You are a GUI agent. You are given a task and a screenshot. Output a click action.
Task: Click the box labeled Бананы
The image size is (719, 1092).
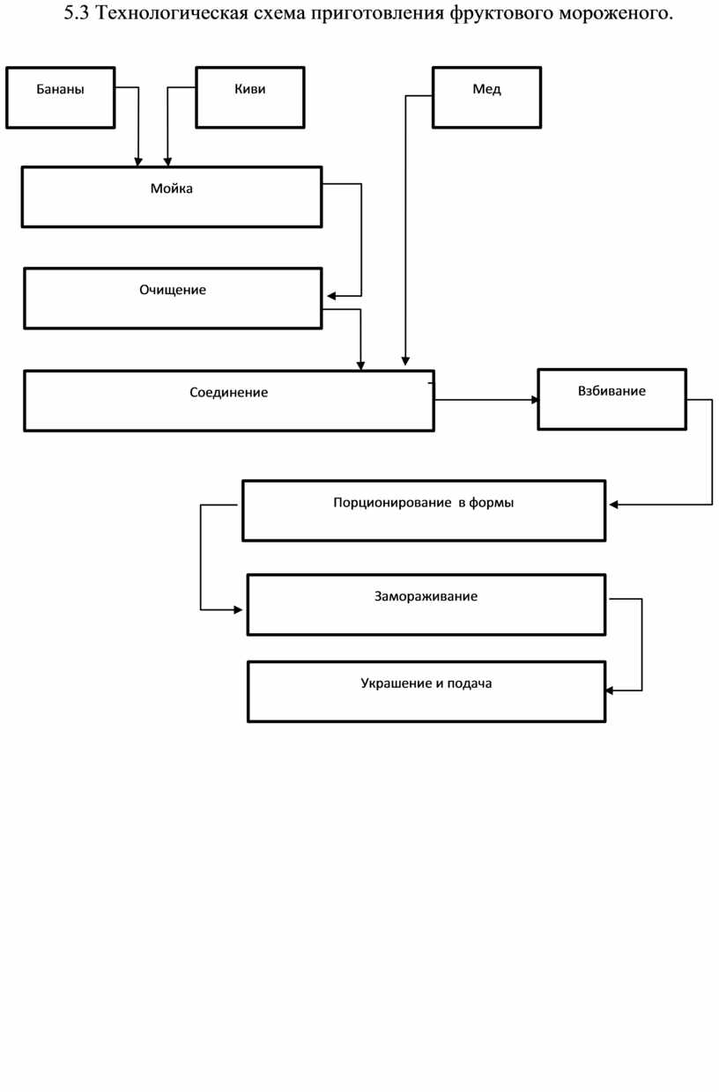(61, 98)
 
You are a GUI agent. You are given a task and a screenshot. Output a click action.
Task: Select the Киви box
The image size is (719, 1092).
(250, 98)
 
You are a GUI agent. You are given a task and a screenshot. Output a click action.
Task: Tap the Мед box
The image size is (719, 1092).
(486, 98)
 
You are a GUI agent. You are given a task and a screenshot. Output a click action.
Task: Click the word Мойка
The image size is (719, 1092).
(171, 188)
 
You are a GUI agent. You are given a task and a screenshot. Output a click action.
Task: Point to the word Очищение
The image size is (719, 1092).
(173, 290)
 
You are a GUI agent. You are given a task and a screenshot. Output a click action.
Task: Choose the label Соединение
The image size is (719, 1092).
(229, 393)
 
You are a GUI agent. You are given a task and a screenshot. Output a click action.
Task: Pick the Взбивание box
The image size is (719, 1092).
(612, 399)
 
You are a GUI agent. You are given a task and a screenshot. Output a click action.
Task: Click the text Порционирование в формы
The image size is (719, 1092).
(424, 503)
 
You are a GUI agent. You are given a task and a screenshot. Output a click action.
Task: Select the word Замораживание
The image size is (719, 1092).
(426, 596)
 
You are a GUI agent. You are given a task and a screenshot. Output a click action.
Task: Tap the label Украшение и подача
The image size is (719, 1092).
(426, 683)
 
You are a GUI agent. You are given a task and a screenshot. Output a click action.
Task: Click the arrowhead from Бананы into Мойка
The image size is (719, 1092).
(138, 162)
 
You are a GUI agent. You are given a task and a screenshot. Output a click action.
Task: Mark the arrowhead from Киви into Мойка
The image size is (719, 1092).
(167, 162)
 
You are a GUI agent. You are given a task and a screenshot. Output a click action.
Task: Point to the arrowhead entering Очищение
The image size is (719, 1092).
(331, 296)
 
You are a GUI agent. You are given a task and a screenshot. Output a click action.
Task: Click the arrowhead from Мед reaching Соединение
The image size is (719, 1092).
(405, 361)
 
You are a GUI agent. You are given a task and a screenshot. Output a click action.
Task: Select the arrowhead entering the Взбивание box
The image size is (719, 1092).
(535, 400)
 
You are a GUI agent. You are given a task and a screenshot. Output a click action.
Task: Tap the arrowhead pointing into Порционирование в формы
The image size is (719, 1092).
(613, 505)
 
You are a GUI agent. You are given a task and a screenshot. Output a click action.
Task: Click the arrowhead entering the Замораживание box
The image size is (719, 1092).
(238, 610)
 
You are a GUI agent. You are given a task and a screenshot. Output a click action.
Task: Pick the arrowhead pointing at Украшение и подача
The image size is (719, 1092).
(609, 690)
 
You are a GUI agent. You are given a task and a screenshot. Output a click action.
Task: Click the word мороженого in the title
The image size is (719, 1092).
(616, 13)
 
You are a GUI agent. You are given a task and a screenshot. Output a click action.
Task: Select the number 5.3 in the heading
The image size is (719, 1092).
(77, 13)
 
